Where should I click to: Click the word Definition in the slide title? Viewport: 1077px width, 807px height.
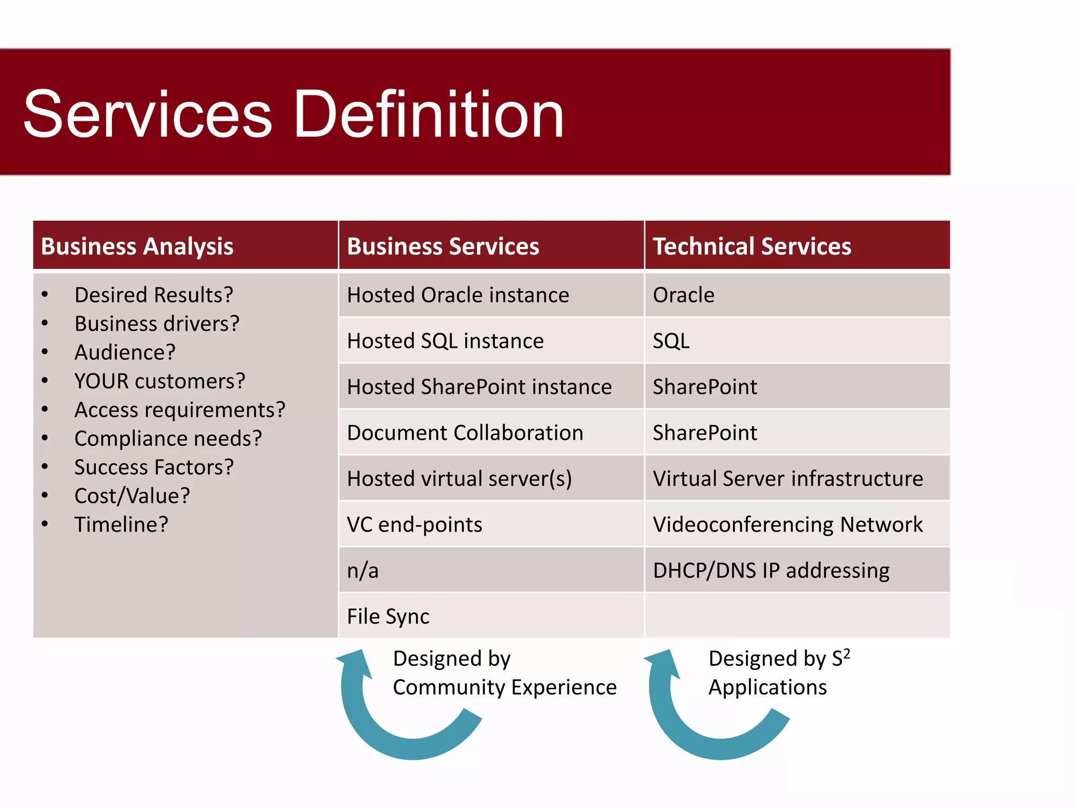click(x=428, y=114)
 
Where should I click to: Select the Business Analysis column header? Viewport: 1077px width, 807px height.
click(x=137, y=246)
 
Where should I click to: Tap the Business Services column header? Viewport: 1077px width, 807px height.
click(x=443, y=246)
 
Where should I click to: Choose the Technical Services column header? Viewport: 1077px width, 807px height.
click(x=751, y=246)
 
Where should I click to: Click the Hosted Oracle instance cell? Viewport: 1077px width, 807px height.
click(x=458, y=295)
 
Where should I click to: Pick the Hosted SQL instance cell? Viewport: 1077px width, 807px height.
click(x=445, y=341)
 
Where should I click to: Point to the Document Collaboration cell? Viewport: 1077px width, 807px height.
click(x=465, y=433)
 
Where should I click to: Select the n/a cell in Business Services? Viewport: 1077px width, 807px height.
click(x=363, y=571)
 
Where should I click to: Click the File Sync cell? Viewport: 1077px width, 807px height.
click(x=388, y=616)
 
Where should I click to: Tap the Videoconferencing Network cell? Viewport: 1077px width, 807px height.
click(x=787, y=524)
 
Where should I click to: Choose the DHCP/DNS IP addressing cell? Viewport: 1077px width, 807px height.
click(x=771, y=571)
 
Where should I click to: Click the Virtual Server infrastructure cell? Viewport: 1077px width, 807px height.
click(x=787, y=479)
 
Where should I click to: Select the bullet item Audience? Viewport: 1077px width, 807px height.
click(x=125, y=352)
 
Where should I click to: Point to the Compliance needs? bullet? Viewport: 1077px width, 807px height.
click(x=168, y=438)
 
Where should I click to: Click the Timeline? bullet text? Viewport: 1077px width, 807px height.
click(x=121, y=524)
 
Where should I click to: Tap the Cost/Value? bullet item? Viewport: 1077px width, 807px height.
click(x=132, y=495)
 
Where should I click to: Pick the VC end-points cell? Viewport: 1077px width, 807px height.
click(x=414, y=524)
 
